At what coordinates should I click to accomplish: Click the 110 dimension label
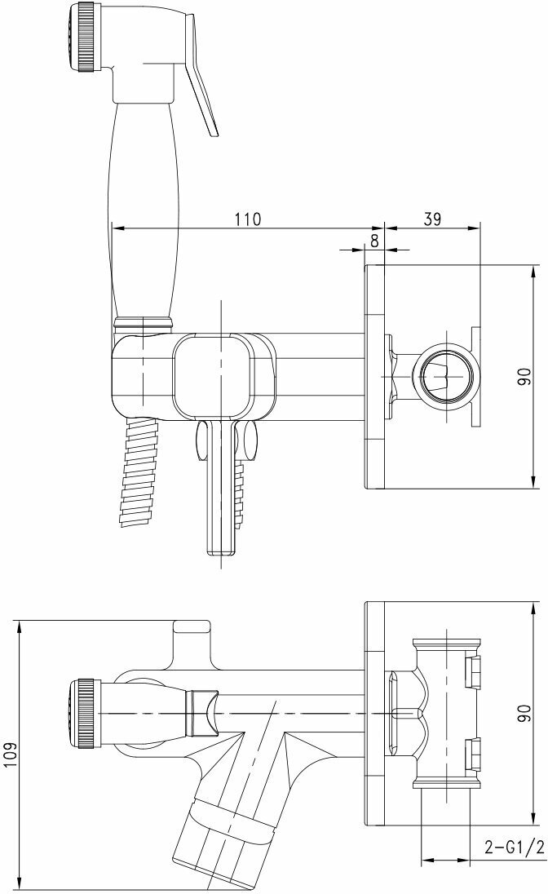(x=247, y=219)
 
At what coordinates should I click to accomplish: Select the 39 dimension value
(x=432, y=219)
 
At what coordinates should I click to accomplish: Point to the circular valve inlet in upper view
(x=444, y=377)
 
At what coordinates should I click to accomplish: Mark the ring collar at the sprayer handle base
(x=144, y=320)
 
